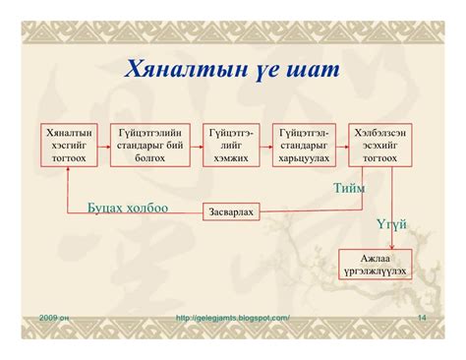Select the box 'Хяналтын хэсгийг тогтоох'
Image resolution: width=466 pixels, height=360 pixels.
point(69,145)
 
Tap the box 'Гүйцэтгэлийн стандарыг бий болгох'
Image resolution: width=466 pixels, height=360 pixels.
point(149,145)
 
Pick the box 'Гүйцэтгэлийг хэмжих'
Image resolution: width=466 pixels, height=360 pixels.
point(231,145)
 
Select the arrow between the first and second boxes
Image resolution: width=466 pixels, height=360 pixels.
point(102,145)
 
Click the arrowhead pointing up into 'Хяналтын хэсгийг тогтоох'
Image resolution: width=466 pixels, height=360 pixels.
point(68,172)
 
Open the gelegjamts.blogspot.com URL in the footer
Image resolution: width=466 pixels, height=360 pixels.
point(232,318)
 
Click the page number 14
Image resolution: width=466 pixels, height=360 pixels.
point(421,318)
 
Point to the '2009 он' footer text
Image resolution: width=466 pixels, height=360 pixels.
point(55,318)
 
